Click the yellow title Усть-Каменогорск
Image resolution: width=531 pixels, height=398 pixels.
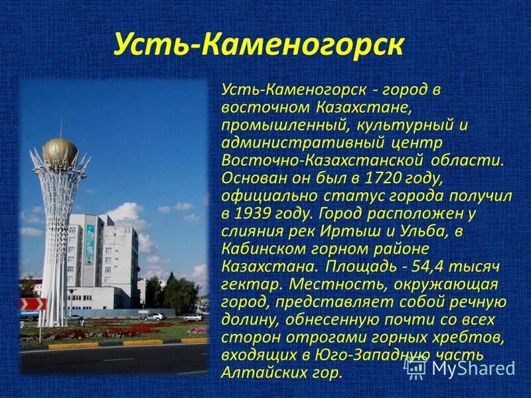point(259,43)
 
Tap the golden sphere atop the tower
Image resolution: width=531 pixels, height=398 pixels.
point(60,152)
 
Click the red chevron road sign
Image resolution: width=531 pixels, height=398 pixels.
point(33,304)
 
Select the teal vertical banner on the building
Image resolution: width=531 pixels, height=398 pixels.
point(90,244)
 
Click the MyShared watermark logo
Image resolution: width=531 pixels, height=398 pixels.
point(461,367)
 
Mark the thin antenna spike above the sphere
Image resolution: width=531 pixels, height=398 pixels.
point(60,129)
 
